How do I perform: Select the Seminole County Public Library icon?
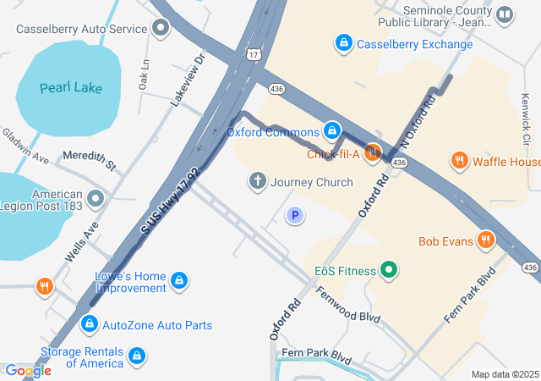[x=505, y=14]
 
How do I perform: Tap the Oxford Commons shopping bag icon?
[x=333, y=131]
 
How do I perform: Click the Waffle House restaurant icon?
[x=460, y=161]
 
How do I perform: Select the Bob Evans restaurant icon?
[x=486, y=240]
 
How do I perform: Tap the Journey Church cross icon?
[x=257, y=181]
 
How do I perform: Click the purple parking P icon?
[x=294, y=217]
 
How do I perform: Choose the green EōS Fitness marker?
[x=389, y=271]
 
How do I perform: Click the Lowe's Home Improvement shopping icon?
[x=179, y=280]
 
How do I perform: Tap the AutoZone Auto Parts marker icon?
[x=89, y=324]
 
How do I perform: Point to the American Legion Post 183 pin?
[x=95, y=199]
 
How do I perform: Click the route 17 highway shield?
[x=253, y=54]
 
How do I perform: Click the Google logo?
[x=28, y=370]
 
